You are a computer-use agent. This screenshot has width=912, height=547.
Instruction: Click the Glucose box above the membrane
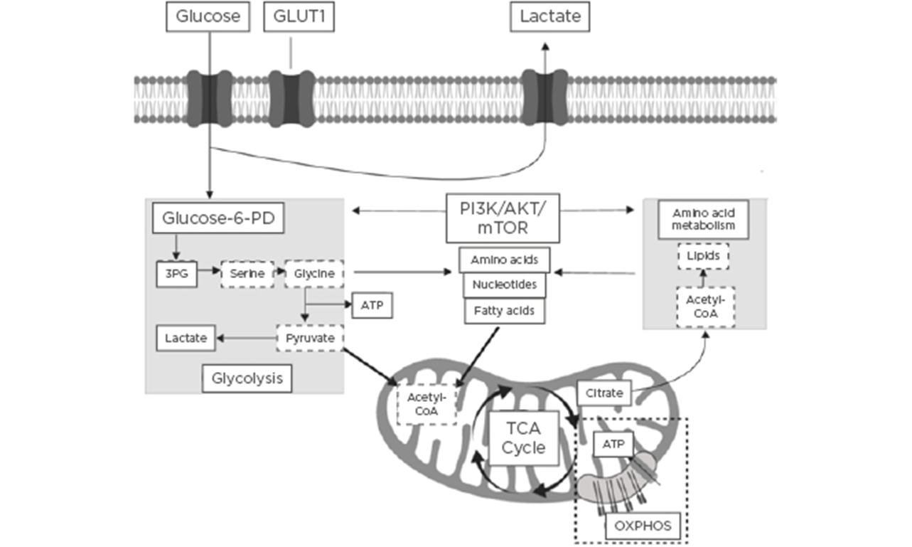coord(208,16)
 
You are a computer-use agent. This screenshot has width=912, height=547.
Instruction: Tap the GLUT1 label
coord(299,16)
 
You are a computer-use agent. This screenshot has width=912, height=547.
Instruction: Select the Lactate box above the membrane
coord(550,16)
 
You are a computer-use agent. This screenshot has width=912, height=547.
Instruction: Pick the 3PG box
coord(176,272)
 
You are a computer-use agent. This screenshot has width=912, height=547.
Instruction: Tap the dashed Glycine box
coord(314,272)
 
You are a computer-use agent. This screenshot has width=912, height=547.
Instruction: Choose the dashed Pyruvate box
coord(310,338)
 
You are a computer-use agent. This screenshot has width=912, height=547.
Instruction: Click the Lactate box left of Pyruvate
coord(186,338)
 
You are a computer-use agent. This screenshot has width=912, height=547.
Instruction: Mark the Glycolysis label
coord(247,378)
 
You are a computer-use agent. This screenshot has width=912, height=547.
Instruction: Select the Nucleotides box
coord(505,285)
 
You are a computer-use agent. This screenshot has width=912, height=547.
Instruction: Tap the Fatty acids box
coord(505,310)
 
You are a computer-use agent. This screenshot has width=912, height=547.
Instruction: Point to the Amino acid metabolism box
coord(703,219)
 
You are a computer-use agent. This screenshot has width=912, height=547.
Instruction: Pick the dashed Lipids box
coord(703,255)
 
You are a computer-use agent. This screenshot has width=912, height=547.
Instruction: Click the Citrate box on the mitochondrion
coord(604,393)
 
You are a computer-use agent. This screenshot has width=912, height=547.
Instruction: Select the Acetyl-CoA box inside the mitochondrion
coord(427,403)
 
